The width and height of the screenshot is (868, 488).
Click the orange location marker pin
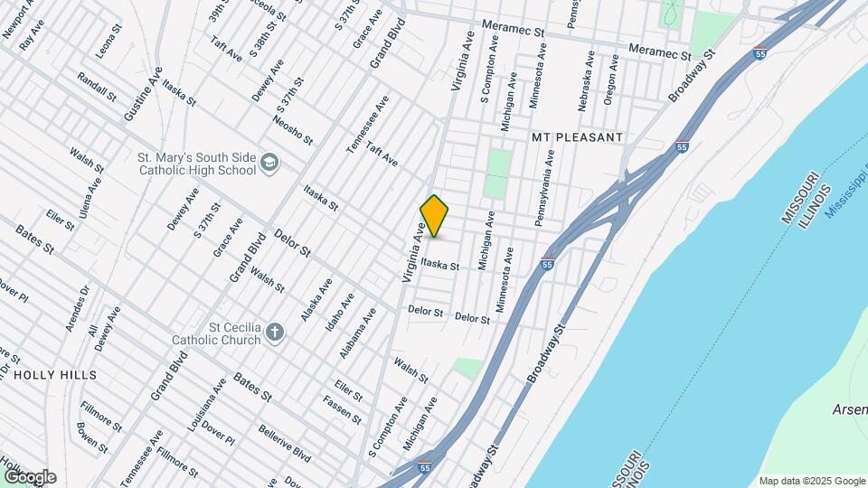click(435, 216)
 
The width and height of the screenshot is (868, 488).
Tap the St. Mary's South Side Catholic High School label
click(196, 163)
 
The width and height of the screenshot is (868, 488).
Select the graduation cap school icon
click(269, 163)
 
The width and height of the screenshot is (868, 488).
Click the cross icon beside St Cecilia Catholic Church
click(275, 333)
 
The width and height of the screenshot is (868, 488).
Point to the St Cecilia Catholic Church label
click(216, 333)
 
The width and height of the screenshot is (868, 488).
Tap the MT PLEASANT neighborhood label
click(577, 137)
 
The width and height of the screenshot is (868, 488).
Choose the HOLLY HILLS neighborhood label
click(55, 373)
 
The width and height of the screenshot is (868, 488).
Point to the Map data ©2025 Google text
click(811, 481)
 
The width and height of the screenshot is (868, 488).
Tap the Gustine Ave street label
click(143, 95)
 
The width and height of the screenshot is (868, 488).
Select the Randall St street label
click(98, 87)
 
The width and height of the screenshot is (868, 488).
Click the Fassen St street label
click(342, 411)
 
